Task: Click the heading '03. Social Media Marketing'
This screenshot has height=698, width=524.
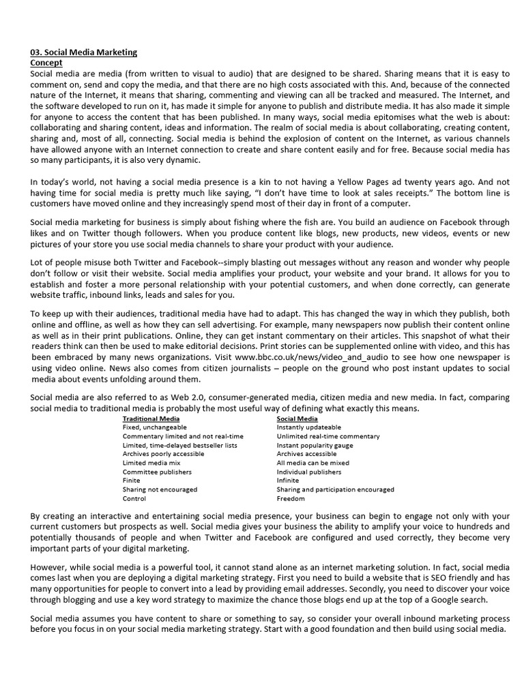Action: point(84,52)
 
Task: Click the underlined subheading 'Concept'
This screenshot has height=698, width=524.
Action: point(46,62)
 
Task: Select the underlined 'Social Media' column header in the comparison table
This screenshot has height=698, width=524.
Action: point(296,418)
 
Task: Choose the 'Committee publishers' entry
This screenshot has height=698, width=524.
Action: point(157,472)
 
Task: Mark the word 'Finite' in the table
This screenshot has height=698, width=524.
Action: point(132,481)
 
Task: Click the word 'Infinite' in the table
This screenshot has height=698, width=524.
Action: point(288,481)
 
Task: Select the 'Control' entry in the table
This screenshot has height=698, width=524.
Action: point(134,498)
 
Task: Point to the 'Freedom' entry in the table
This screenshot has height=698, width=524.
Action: point(291,498)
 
